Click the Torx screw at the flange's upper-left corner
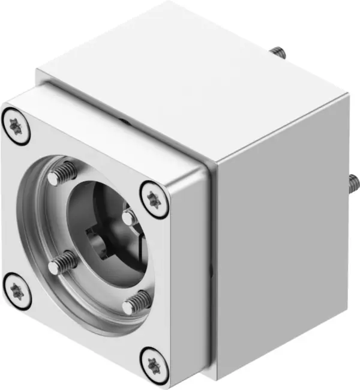[x=16, y=127]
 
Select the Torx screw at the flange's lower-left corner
[x=16, y=291]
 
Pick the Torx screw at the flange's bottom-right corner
[x=154, y=362]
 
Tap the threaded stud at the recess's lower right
[x=137, y=302]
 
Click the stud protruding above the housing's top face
[x=277, y=53]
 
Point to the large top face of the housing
[x=192, y=78]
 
